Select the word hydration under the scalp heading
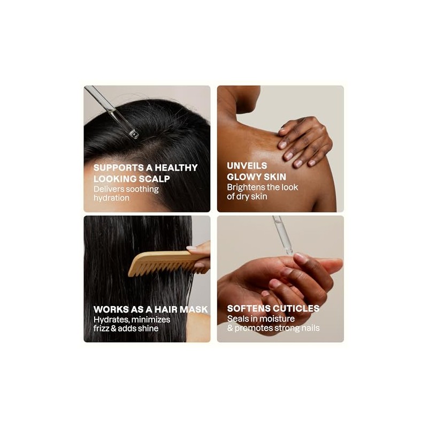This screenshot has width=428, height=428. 111,198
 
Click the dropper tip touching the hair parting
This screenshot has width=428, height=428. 134,134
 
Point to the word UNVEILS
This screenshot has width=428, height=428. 247,166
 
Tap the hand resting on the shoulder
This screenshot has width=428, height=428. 304,141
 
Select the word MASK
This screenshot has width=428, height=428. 194,310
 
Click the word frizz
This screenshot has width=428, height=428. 101,328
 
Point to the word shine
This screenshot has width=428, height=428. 148,328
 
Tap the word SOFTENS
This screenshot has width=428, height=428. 249,309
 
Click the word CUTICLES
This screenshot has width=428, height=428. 296,309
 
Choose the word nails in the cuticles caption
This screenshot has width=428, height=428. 310,328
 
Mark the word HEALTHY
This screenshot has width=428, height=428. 177,167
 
